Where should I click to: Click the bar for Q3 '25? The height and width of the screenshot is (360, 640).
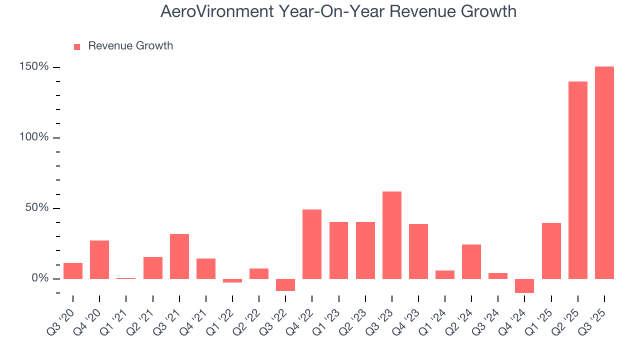click(x=604, y=172)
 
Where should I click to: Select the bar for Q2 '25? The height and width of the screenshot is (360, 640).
click(x=578, y=180)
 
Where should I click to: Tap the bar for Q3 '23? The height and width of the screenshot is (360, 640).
click(x=392, y=235)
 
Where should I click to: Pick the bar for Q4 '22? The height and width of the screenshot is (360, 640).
click(x=312, y=244)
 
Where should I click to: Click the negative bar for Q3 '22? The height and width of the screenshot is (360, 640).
click(x=285, y=285)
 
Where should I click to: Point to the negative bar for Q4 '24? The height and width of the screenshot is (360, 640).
click(x=524, y=286)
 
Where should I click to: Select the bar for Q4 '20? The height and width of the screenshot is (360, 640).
click(x=99, y=259)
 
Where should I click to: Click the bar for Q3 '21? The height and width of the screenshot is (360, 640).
click(x=179, y=256)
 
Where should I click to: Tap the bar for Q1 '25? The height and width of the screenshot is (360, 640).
click(x=551, y=250)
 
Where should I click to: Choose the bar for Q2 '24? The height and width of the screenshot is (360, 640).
click(x=471, y=261)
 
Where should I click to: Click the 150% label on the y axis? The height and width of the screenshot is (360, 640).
click(x=34, y=67)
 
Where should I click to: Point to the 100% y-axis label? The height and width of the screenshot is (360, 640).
click(x=34, y=137)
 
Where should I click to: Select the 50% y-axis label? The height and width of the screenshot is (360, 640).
click(x=37, y=208)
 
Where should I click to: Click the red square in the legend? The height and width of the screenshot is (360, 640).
click(x=77, y=47)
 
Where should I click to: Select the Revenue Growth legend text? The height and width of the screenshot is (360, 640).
click(x=130, y=46)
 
